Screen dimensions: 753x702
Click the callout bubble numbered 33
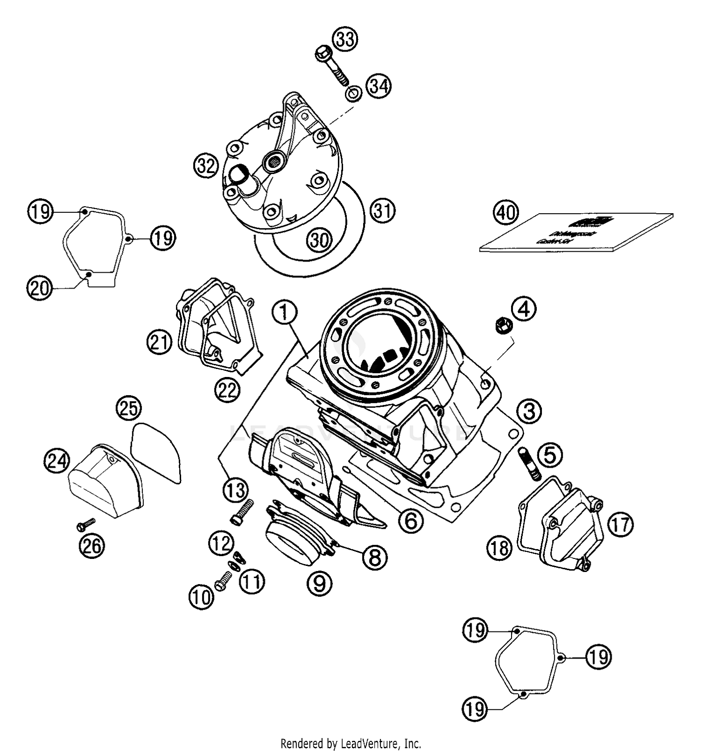345,39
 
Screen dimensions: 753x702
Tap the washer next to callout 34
353,94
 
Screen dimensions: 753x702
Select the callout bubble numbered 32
206,166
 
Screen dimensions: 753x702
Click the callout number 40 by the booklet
506,213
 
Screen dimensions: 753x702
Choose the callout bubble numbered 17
621,524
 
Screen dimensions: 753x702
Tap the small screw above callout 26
86,525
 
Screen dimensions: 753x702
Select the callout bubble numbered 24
57,462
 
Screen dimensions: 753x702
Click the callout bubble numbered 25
129,408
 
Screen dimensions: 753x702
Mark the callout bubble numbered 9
320,583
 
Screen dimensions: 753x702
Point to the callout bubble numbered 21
159,342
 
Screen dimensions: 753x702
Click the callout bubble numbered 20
39,287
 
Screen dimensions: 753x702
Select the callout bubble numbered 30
320,240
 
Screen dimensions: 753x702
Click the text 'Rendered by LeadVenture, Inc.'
351,743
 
